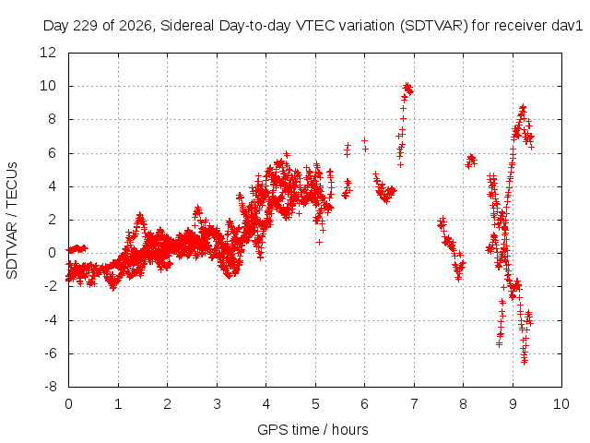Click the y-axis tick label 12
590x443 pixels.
pos(48,53)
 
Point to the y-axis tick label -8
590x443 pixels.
pos(51,387)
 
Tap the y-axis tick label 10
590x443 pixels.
pos(48,86)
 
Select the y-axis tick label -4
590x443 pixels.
pos(51,320)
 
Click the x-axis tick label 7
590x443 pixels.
pos(414,404)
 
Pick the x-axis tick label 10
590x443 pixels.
pos(561,404)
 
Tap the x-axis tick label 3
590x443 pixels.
pos(217,404)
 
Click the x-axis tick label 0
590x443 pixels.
pos(68,404)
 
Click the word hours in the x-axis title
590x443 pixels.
pos(350,429)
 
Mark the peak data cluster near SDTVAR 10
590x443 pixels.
pos(407,89)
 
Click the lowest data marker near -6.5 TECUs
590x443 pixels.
pos(525,362)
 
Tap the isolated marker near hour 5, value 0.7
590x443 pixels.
pos(319,242)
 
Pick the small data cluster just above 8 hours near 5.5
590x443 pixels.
pos(471,161)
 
